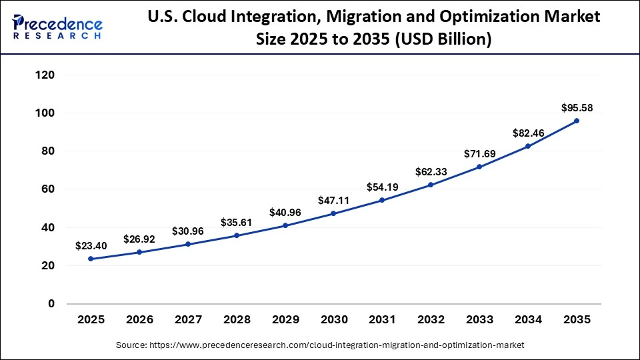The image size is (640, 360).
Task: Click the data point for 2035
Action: (x=577, y=121)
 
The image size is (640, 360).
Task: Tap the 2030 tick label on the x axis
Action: (x=333, y=320)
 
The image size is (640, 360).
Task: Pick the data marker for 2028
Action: (x=237, y=235)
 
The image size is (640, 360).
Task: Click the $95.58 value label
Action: (x=577, y=107)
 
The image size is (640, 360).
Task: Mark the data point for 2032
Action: (x=431, y=185)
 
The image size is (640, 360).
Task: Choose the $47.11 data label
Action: (x=333, y=199)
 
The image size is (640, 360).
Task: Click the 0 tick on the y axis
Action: (x=51, y=304)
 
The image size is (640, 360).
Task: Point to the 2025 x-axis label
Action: (x=91, y=320)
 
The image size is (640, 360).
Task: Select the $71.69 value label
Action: (x=479, y=154)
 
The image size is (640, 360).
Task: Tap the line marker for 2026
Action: (x=139, y=252)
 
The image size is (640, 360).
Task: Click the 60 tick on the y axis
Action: (x=48, y=189)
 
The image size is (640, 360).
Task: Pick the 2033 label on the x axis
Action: (x=479, y=320)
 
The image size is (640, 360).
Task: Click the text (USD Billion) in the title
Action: (x=445, y=40)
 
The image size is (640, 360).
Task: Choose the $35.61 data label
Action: (x=237, y=221)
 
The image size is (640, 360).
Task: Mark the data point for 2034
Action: (x=528, y=146)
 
